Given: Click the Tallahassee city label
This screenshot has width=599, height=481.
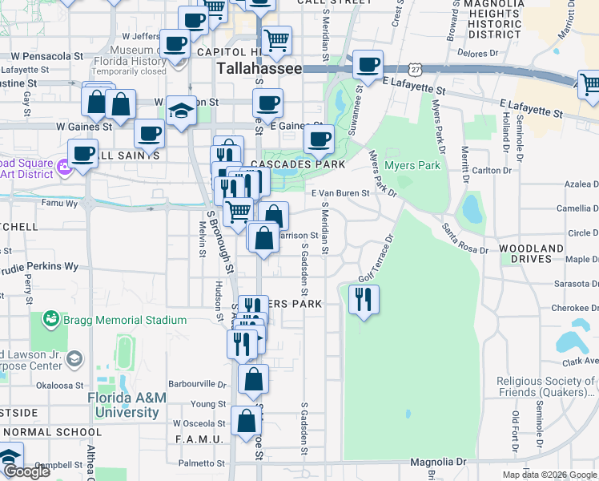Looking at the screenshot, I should (259, 69).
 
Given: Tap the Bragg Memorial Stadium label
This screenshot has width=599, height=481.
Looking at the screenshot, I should (127, 320).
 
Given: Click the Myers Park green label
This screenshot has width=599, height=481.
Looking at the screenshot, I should (412, 166).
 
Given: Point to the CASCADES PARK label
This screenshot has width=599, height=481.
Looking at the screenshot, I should (297, 164).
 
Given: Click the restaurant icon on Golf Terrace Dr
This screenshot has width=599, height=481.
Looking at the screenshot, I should (364, 300).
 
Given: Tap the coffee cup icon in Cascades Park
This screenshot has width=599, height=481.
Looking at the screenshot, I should (319, 139).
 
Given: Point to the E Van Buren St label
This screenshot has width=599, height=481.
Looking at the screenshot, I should (340, 193).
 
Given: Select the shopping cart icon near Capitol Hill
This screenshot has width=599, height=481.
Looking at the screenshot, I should (276, 39).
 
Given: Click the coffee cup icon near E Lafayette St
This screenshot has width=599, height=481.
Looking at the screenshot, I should (368, 65).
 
